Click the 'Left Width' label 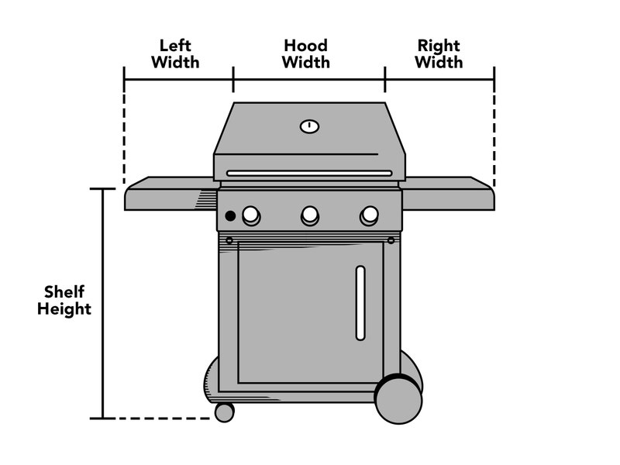pos(175,54)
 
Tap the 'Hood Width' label pos(305,54)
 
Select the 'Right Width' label pos(439,54)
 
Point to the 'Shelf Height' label pos(64,300)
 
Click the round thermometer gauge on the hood pos(309,126)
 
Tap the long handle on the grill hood pos(309,173)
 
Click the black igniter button pos(230,216)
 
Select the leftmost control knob pos(251,215)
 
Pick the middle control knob pos(310,215)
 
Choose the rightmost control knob pos(369,215)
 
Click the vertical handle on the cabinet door pos(360,303)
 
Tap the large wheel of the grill pos(398,399)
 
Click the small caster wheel pos(225,412)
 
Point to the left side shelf pos(171,194)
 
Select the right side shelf pos(447,194)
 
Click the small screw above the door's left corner pos(229,240)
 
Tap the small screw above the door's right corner pos(391,240)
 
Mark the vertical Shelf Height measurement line pos(103,304)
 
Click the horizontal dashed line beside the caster pos(163,418)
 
